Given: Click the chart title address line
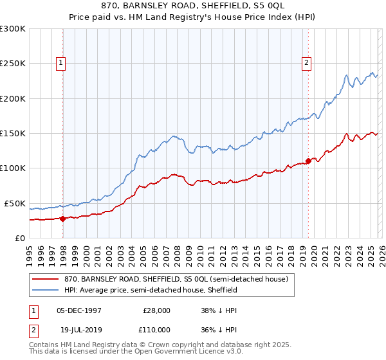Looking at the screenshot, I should coord(193,6).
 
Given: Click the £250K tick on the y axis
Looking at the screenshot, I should coord(13,64).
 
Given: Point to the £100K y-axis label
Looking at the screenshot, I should coord(13,168).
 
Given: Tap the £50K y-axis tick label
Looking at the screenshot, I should coord(15,203).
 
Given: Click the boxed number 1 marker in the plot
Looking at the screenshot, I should coord(60,62).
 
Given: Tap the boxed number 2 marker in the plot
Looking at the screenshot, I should coord(306,62).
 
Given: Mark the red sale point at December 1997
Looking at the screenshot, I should coord(63,219).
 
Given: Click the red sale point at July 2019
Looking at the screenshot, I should coord(308,161).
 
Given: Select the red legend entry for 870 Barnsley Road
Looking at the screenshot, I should coord(179,279).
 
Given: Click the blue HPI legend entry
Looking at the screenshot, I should coord(151,290).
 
